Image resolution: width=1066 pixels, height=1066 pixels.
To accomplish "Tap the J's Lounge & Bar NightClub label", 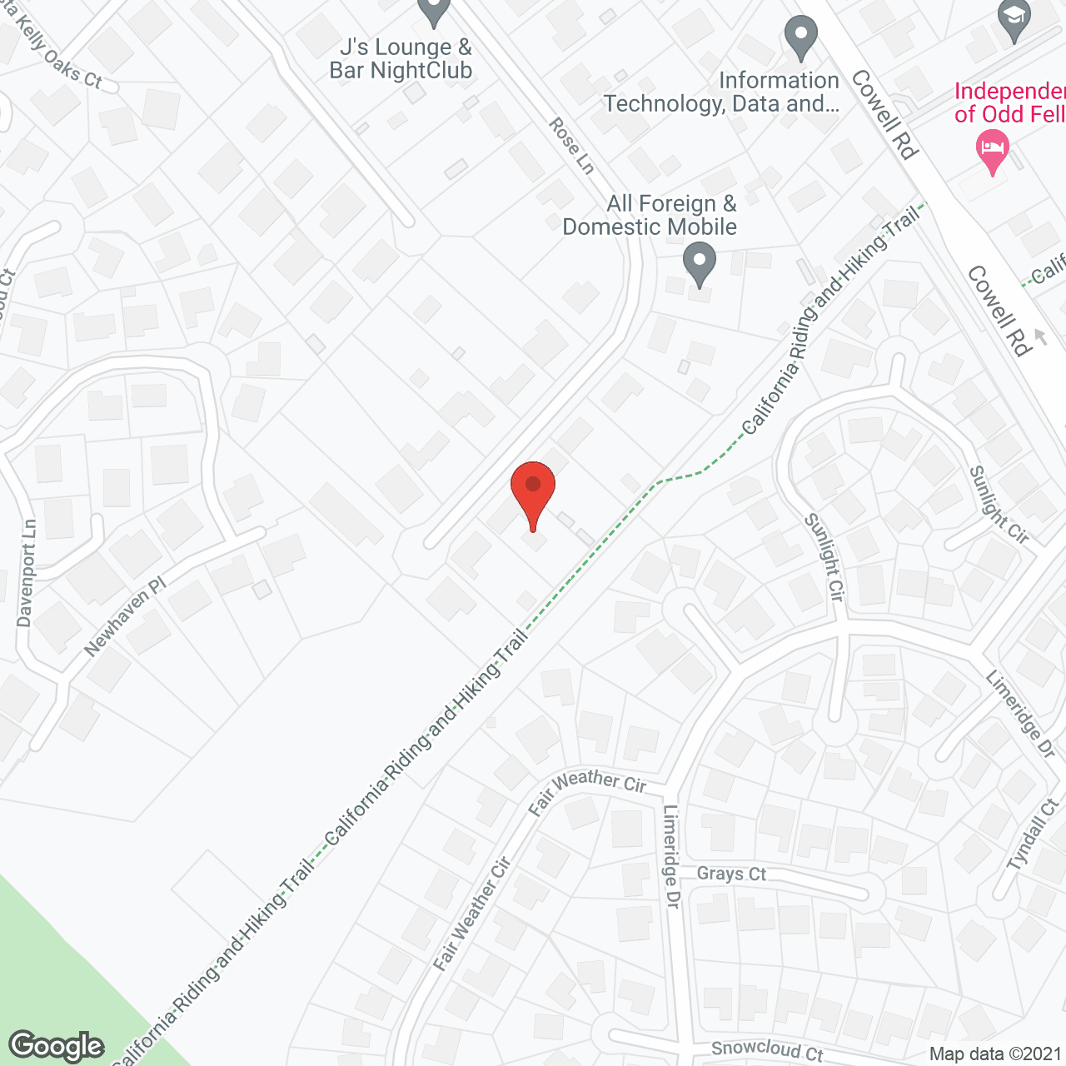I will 401,59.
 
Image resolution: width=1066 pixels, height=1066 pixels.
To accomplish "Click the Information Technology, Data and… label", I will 721,92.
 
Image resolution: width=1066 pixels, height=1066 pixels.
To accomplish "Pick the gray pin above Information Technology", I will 801,38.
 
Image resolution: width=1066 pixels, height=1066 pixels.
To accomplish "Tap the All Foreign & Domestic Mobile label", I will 650,215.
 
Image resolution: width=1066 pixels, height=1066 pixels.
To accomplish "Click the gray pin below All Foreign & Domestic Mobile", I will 700,264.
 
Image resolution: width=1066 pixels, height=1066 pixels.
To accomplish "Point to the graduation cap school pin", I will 1014,22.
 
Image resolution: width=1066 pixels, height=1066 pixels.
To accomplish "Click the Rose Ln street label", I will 571,146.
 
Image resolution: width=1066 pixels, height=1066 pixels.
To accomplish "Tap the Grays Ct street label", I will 731,874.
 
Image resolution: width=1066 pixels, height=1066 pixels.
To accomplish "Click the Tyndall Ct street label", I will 1034,834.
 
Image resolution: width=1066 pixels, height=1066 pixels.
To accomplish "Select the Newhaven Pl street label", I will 125,616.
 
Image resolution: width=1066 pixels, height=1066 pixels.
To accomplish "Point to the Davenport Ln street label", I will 27,573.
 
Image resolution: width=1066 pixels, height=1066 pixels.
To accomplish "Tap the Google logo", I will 57,1046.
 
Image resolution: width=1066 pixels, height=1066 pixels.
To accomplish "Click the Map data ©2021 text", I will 995,1054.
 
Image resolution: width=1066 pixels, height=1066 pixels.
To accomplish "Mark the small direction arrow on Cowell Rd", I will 1039,336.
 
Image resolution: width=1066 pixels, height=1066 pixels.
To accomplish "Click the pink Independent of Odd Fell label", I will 1010,102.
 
